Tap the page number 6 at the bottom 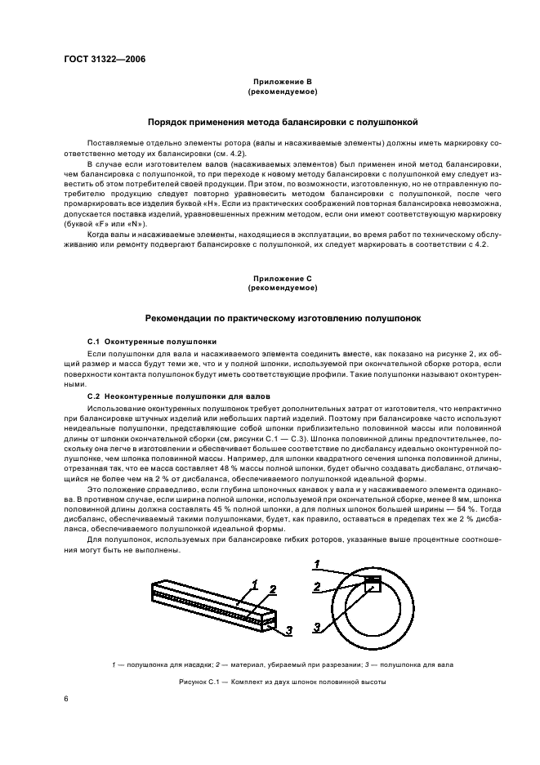67,698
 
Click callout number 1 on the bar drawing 255,584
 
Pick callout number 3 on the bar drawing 288,629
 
